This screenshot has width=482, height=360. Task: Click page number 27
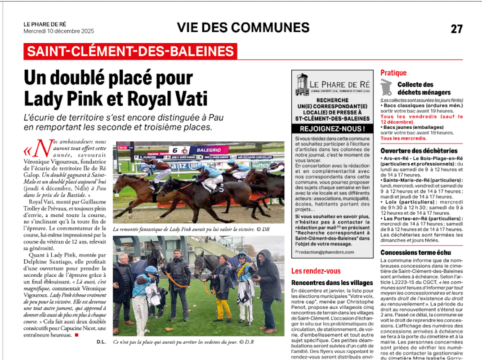click(x=456, y=29)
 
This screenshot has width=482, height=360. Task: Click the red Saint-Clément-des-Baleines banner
click(x=130, y=51)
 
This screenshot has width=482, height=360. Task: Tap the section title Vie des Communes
click(x=243, y=27)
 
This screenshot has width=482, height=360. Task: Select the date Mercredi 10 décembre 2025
click(x=59, y=31)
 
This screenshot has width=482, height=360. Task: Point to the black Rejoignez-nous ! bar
click(x=332, y=129)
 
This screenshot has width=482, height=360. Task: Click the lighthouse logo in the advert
click(x=302, y=84)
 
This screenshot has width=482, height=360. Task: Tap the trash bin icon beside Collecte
click(x=386, y=88)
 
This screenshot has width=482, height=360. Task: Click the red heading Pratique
click(x=393, y=73)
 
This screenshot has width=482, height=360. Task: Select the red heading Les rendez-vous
click(x=316, y=271)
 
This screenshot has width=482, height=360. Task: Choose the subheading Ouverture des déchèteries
click(x=413, y=151)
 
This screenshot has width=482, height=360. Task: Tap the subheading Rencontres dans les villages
click(x=332, y=283)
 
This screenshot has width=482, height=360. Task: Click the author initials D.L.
click(x=101, y=342)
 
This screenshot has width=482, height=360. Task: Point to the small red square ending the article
click(x=76, y=335)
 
